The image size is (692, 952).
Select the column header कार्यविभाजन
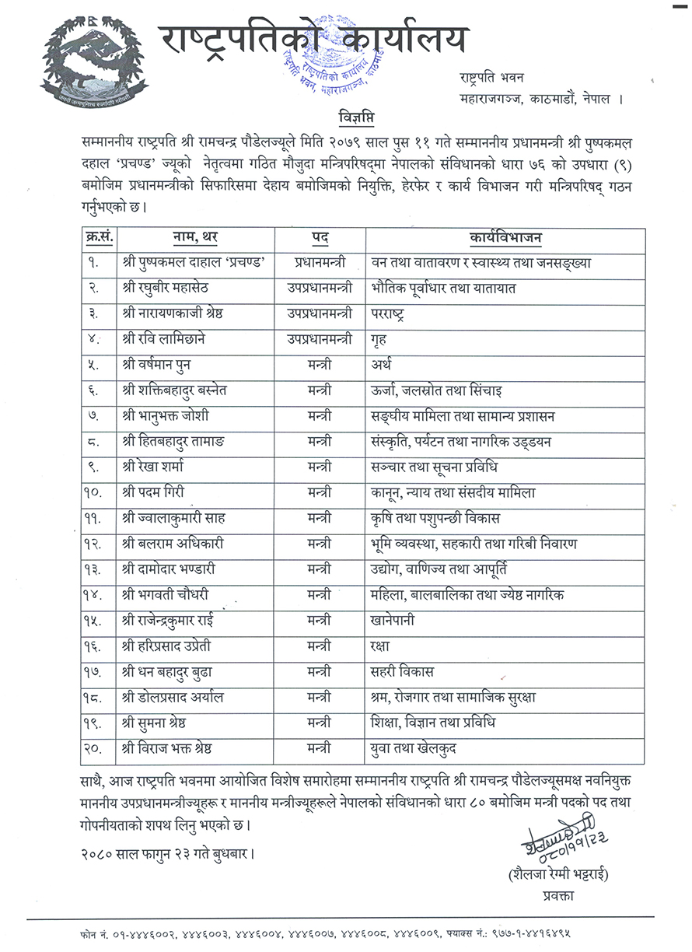pos(506,237)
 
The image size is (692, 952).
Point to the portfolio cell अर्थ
pos(382,364)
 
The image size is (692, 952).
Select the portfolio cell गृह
pos(379,338)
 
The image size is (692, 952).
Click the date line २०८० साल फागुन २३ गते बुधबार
pos(166,852)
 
